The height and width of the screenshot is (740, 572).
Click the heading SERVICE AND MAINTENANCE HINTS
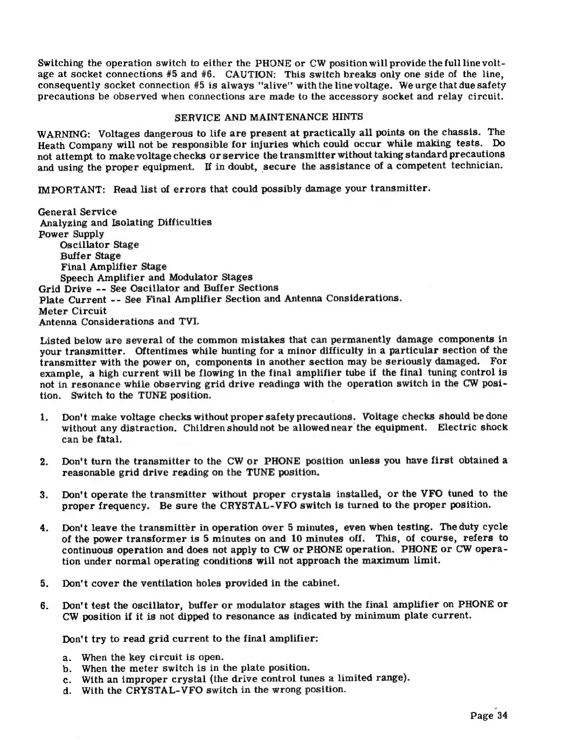coord(268,116)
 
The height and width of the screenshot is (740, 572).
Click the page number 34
coord(502,715)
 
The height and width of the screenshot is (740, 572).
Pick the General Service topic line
coord(77,212)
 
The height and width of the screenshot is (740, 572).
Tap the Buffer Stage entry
coord(90,256)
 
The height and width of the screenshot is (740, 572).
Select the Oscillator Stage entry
coord(99,245)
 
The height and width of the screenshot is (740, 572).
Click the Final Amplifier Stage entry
coord(113,267)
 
